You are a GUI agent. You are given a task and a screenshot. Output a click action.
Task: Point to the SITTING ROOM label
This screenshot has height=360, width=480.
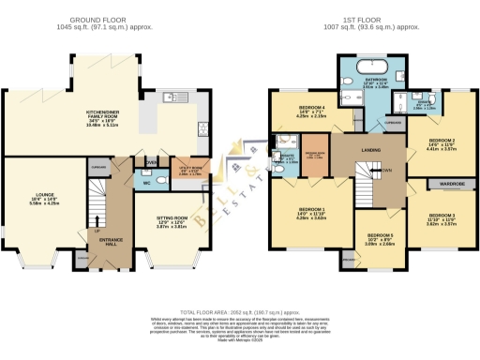(171, 217)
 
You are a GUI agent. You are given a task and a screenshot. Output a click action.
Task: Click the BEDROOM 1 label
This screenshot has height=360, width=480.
(311, 212)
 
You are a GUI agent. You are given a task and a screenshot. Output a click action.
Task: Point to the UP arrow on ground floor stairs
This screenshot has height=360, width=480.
(97, 230)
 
